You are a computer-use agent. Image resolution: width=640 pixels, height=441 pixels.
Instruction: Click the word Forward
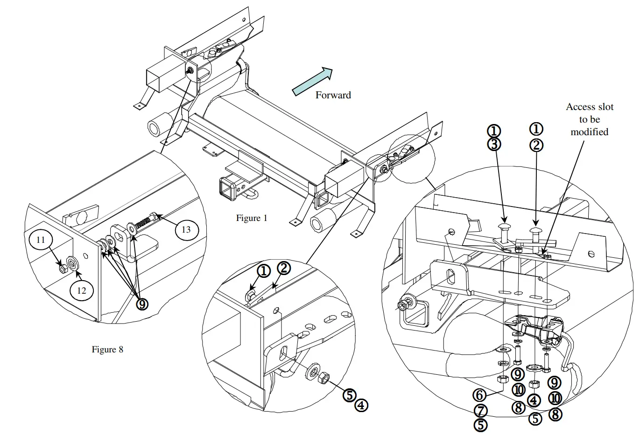(333, 95)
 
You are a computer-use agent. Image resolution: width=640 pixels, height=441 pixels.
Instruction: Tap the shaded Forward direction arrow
(312, 81)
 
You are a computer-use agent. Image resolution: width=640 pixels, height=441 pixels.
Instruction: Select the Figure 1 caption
(252, 218)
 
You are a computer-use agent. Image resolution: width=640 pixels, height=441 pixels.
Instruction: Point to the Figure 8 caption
(107, 349)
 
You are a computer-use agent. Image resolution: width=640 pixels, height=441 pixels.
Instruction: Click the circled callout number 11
(41, 240)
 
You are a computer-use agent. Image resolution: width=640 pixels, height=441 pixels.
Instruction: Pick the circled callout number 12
(82, 290)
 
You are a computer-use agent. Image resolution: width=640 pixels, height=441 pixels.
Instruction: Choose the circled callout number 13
(186, 229)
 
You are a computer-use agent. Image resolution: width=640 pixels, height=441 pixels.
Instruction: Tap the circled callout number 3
(494, 144)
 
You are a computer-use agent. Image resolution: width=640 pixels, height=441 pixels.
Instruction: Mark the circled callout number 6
(479, 395)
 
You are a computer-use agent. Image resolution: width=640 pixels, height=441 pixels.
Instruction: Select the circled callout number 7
(480, 411)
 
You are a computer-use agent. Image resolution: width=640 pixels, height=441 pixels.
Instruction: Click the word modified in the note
(589, 132)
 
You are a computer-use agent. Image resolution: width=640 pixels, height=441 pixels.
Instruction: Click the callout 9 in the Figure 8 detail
(142, 304)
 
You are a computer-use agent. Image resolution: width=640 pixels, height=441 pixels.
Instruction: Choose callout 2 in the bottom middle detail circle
(283, 268)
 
